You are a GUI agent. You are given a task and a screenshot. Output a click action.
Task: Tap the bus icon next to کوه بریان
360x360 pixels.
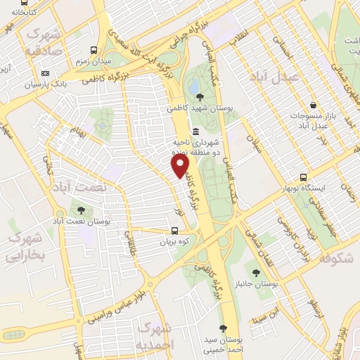(174, 230)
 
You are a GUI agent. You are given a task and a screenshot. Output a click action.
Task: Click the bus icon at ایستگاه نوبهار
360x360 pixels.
(303, 177)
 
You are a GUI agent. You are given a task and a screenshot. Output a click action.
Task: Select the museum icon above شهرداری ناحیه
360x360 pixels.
(195, 131)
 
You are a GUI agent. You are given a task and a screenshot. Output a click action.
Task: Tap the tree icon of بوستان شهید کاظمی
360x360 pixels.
(202, 97)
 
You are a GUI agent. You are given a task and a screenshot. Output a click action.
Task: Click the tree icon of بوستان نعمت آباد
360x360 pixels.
(80, 210)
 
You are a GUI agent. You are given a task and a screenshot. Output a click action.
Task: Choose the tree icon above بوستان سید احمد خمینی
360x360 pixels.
(223, 328)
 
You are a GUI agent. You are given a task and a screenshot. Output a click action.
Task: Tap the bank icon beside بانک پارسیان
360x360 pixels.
(46, 73)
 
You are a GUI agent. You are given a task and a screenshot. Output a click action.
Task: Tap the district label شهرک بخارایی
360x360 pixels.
(25, 247)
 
